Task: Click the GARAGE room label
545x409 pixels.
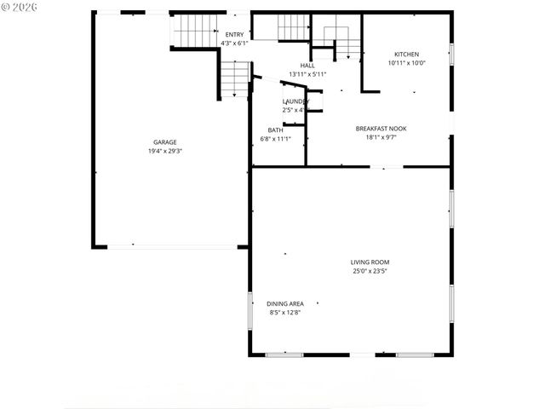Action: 165,142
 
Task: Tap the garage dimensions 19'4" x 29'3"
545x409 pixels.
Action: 165,151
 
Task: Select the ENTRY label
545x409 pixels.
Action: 234,34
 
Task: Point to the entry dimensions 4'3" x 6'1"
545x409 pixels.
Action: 234,43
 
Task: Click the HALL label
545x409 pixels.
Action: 307,66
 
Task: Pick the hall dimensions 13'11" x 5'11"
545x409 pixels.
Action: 307,74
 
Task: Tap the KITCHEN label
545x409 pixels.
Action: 406,54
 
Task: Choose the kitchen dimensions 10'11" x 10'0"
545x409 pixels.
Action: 406,62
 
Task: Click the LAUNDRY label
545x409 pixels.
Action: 296,101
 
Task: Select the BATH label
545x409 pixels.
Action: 275,130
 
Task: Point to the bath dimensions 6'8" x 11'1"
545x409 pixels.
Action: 275,139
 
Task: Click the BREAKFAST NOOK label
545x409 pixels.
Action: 381,129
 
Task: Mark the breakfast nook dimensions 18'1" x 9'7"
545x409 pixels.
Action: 381,137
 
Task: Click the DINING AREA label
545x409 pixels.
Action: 285,304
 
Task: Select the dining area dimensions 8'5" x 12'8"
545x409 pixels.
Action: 285,313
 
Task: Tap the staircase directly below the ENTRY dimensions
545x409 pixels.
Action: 234,78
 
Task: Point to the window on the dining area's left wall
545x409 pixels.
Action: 250,311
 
